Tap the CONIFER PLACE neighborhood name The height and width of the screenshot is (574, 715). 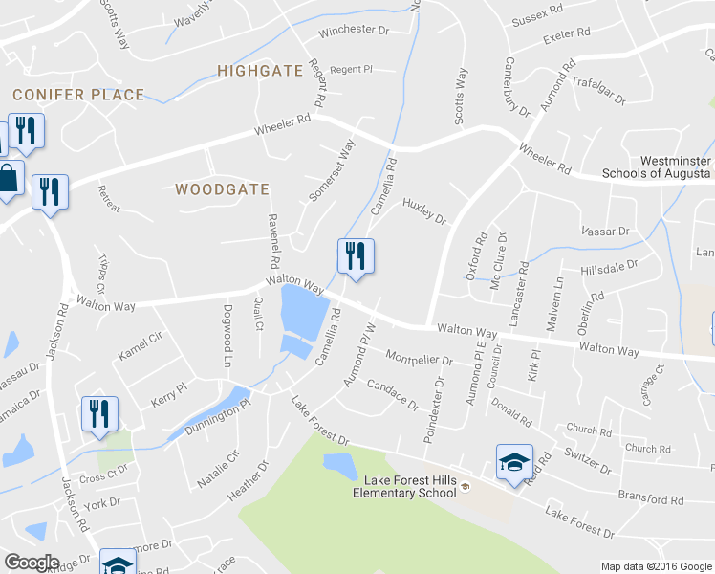coord(78,95)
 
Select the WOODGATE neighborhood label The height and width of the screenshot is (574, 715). coord(223,189)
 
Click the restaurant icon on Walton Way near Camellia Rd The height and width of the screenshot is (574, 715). coord(355,255)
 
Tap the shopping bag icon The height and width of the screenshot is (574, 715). coord(8,179)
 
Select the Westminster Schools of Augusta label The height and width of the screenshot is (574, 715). coord(657,167)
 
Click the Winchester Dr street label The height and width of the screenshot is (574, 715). coord(355,31)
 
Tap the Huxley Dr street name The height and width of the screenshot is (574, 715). coord(424,211)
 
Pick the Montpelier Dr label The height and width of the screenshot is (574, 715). coord(419,358)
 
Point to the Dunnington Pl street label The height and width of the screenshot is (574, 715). coord(217,417)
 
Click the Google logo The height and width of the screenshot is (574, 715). coord(32,563)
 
